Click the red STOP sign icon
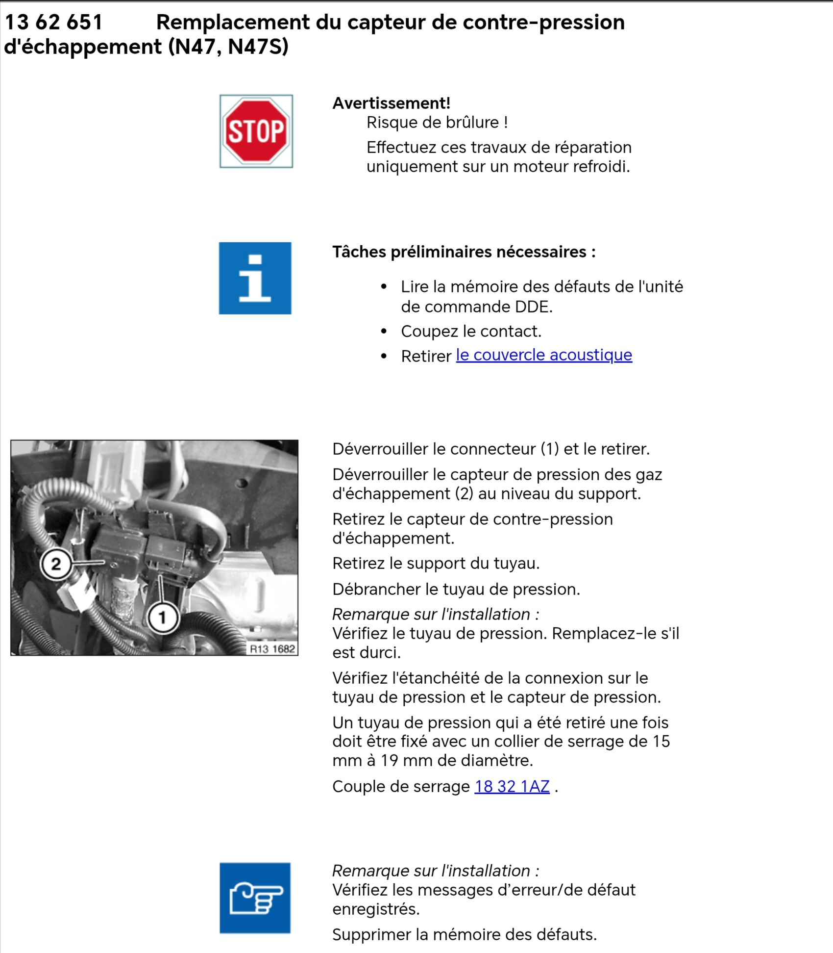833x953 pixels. [256, 131]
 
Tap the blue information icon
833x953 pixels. [255, 278]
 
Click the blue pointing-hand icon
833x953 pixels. [255, 898]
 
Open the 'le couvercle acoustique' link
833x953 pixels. [543, 355]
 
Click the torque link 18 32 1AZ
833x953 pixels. [512, 786]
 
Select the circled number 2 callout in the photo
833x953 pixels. [56, 564]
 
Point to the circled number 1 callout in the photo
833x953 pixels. [162, 617]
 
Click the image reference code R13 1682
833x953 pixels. [272, 649]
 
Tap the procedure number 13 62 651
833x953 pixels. [53, 23]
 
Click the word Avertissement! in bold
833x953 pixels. [391, 103]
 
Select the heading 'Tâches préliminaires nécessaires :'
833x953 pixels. [464, 252]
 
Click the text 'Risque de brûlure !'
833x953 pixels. [437, 123]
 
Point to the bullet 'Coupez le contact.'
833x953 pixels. [471, 332]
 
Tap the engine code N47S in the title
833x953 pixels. [258, 47]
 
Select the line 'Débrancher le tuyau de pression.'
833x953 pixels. [456, 589]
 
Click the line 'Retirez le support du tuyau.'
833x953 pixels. [436, 564]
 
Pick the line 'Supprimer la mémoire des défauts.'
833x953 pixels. [464, 934]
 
